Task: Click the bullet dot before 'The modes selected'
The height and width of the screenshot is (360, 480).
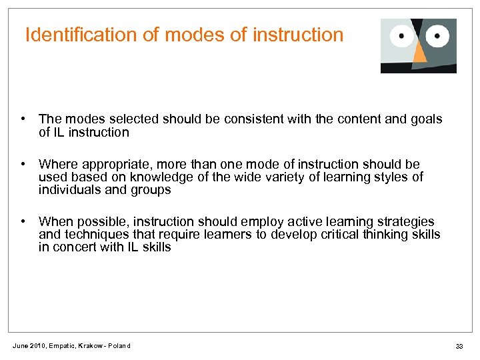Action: coord(23,119)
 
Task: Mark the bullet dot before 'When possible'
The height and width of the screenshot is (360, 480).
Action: coord(23,221)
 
